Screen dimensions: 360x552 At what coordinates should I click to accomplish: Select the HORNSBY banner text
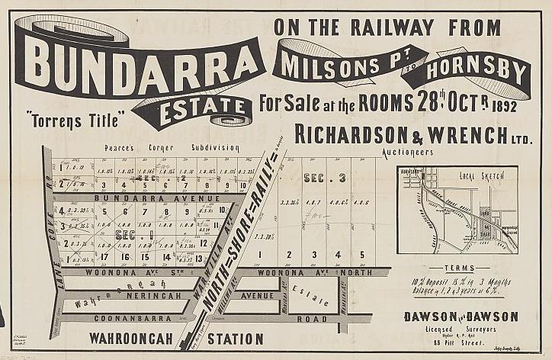tap(476, 71)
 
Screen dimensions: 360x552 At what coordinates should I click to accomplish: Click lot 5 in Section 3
tap(361, 255)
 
